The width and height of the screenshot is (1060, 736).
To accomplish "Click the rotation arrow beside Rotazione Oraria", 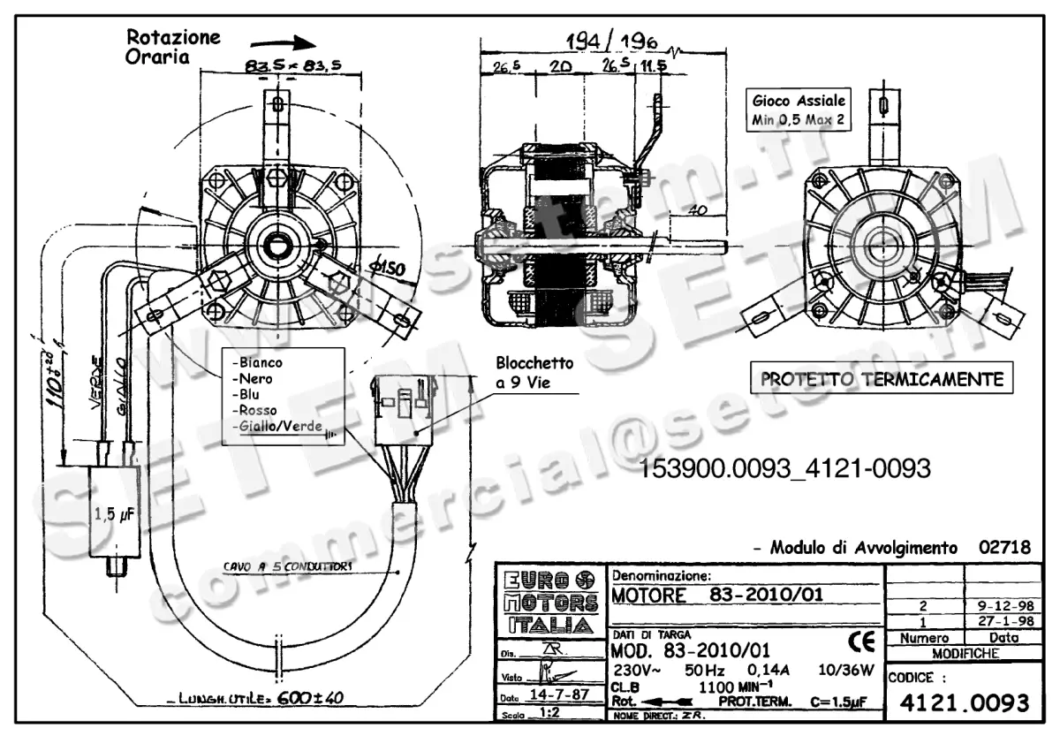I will tap(284, 42).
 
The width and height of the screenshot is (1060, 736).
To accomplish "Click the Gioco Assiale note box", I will tap(799, 110).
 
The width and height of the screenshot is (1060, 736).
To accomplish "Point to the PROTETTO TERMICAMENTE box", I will tap(882, 380).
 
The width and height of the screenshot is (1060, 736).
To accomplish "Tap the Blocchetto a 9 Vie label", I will tap(534, 372).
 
